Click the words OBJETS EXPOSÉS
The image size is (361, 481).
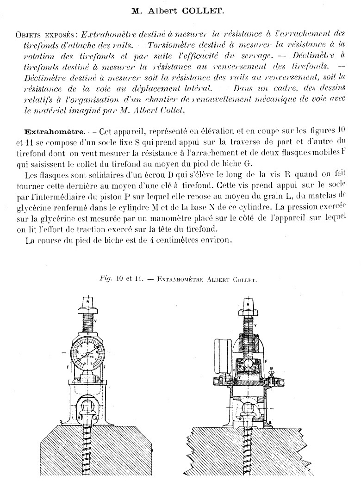click(x=45, y=35)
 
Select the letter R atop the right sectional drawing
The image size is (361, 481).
click(x=248, y=305)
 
